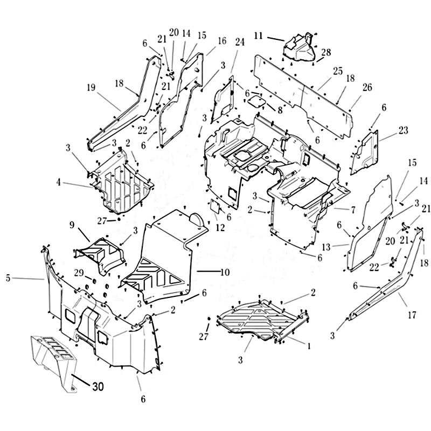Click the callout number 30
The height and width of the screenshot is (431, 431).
[98, 387]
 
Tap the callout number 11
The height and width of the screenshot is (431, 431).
[259, 36]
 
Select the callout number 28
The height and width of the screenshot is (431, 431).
[326, 52]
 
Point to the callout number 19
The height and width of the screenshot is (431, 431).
[91, 88]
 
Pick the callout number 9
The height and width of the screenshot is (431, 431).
[72, 225]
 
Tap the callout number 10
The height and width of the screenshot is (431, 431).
[225, 272]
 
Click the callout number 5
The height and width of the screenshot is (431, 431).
[8, 278]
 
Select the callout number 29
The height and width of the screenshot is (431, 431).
[79, 273]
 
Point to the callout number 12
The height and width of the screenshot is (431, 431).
[220, 227]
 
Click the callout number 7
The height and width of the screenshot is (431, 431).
[353, 210]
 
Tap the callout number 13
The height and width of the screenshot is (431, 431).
[326, 247]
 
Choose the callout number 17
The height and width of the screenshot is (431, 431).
[412, 315]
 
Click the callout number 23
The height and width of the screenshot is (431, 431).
[403, 130]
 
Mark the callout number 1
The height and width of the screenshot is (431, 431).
[309, 346]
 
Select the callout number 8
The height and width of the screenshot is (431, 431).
[280, 110]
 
